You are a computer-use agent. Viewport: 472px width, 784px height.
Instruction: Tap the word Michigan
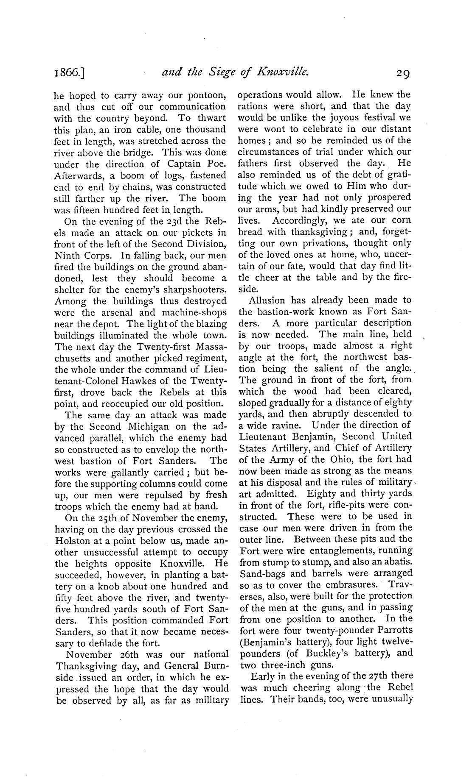pos(141,426)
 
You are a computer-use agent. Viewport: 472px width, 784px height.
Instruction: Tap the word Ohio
pos(326,459)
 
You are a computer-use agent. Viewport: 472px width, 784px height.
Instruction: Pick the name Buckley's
pos(329,653)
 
